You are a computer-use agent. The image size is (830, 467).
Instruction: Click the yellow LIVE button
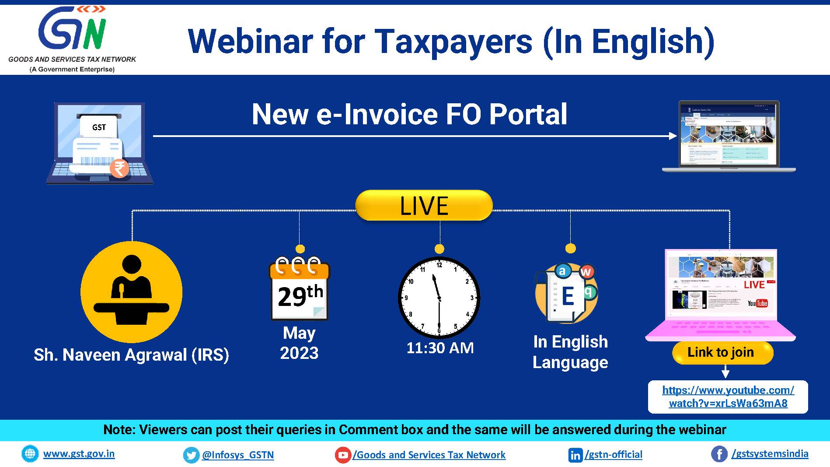pos(424,205)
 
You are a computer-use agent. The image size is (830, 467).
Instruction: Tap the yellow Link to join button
pos(722,352)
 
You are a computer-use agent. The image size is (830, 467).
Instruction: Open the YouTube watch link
pos(728,397)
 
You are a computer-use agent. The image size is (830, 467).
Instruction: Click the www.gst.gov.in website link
pos(79,453)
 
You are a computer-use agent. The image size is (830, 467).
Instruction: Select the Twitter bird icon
pos(191,455)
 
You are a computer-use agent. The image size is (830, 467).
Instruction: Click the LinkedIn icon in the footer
pos(575,455)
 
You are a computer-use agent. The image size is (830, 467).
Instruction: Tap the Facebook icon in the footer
pos(719,454)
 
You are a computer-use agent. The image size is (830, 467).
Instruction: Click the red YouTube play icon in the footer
pos(343,455)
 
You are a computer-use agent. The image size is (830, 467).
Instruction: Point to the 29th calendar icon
pos(300,290)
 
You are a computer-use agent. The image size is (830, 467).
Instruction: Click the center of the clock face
pos(439,298)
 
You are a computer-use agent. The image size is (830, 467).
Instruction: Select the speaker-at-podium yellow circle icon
pos(131,292)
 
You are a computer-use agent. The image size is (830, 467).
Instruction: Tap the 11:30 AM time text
pos(440,348)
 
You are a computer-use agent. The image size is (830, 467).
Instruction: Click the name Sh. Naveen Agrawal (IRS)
pos(131,355)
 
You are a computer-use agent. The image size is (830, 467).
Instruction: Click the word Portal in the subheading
pos(528,114)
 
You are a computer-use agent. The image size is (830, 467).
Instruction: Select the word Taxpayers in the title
pos(454,42)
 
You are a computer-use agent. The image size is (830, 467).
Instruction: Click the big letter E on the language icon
pos(568,296)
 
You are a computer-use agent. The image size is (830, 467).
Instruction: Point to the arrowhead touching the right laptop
pos(673,136)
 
